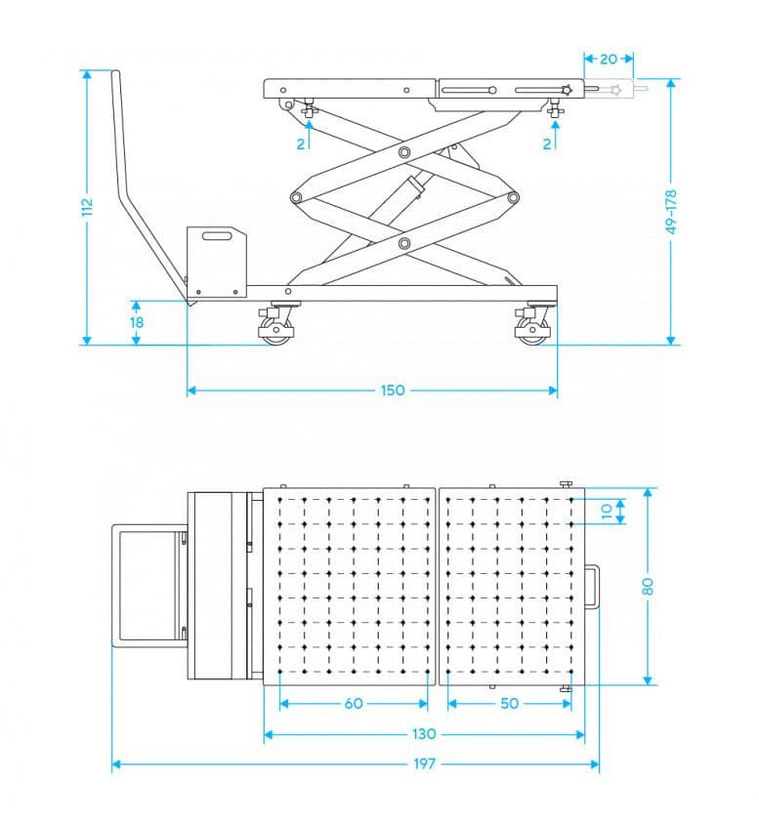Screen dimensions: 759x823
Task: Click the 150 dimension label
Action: [x=393, y=390]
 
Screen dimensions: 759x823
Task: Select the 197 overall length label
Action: [x=424, y=763]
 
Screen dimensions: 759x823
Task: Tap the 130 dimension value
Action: [x=424, y=734]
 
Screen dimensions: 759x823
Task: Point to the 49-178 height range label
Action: [x=671, y=212]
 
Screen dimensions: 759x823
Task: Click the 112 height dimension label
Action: [x=87, y=206]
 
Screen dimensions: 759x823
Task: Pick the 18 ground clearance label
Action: [x=137, y=322]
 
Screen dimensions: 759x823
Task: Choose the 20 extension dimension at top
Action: [x=609, y=59]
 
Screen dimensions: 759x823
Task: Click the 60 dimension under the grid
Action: [x=354, y=703]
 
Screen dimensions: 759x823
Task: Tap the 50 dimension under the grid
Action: [x=509, y=703]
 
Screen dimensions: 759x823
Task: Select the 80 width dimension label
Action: [x=649, y=586]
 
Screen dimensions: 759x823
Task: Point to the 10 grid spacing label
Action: [x=607, y=512]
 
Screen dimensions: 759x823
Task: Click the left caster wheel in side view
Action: [x=275, y=331]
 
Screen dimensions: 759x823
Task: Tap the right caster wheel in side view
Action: [x=532, y=331]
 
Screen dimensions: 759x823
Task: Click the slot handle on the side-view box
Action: [x=217, y=236]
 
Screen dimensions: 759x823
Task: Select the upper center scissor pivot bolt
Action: [x=404, y=152]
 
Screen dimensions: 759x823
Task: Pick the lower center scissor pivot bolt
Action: [x=404, y=243]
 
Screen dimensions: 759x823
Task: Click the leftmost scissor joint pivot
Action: [x=296, y=198]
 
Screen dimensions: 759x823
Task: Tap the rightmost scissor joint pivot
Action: [x=513, y=198]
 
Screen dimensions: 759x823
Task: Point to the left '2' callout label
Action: [x=301, y=144]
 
